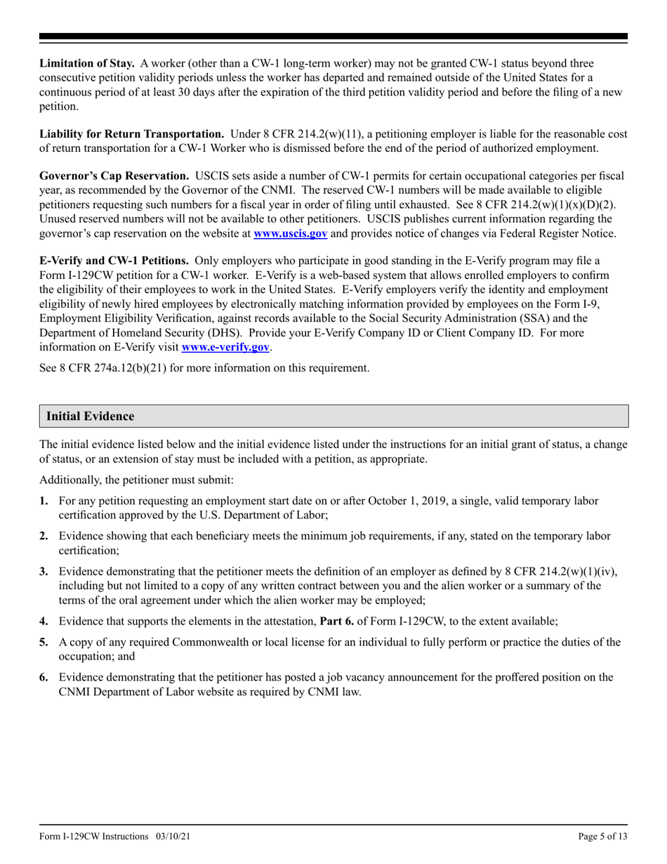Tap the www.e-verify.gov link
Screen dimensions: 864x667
[x=225, y=347]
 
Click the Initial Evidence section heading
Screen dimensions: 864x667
[x=90, y=417]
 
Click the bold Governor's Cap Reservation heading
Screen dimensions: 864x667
[x=114, y=176]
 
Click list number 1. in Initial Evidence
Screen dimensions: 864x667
[x=44, y=501]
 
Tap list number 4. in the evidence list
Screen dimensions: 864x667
[x=44, y=621]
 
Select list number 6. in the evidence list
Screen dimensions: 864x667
[x=44, y=677]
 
